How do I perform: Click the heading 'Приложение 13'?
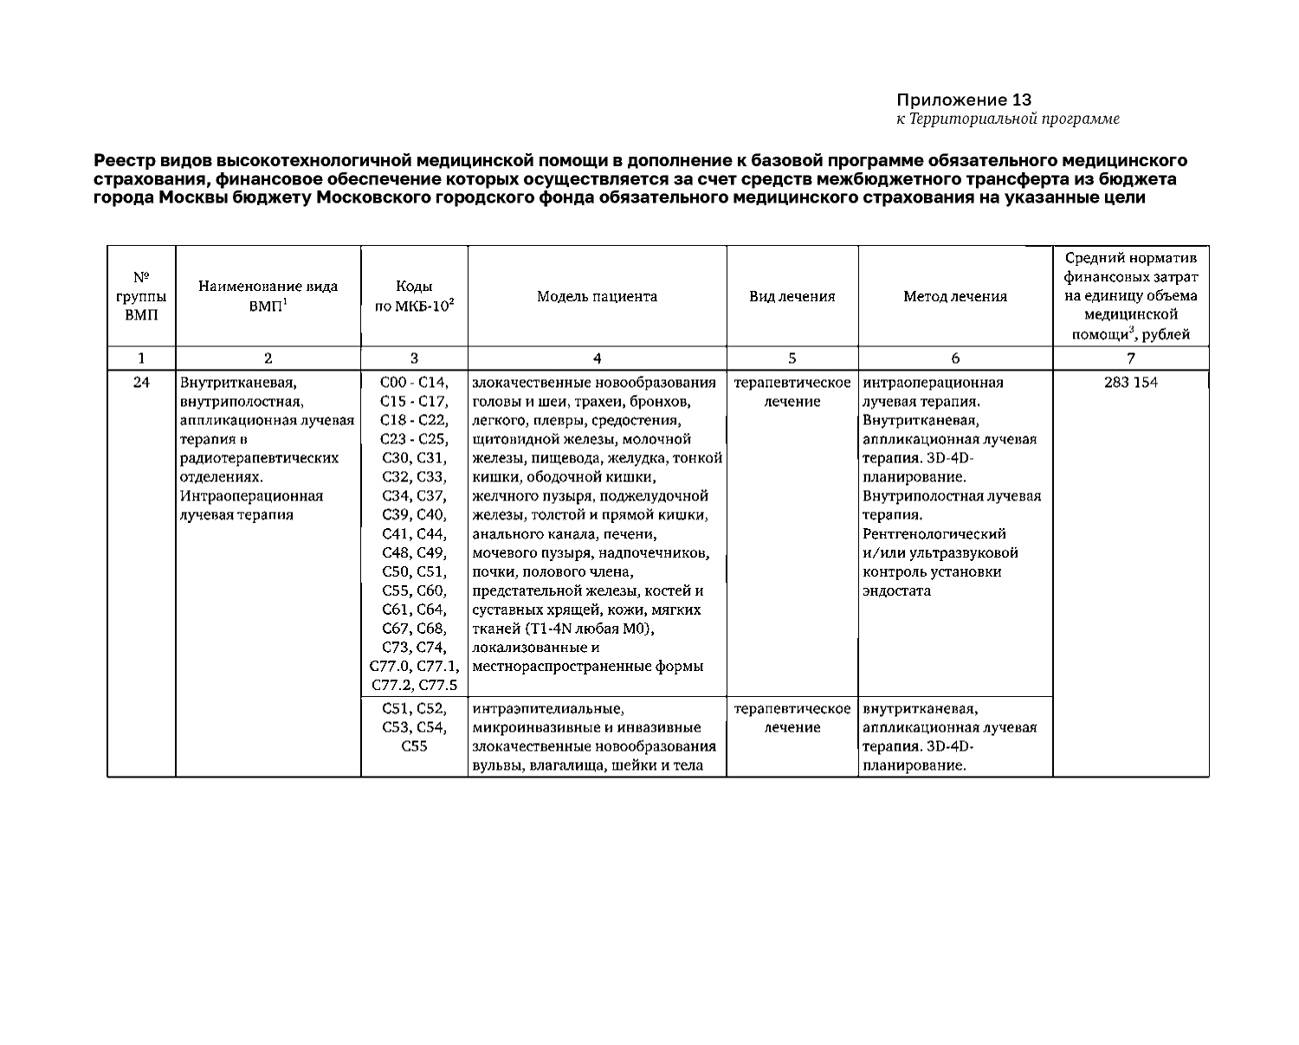964,100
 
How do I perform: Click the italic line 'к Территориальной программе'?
1007,119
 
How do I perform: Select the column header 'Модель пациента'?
597,297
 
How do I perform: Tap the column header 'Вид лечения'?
792,297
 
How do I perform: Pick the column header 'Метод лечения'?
955,297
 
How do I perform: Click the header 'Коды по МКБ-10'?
414,297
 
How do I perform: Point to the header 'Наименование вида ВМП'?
268,297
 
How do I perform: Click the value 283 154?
1130,383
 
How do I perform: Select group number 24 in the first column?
141,383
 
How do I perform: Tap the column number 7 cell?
1130,358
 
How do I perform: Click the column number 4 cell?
597,358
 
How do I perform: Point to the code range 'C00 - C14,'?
414,383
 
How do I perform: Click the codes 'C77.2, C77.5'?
414,686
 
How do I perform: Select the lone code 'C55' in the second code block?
414,746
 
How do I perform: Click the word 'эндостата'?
897,591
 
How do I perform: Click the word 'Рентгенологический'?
934,534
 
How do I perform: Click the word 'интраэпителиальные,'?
548,708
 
